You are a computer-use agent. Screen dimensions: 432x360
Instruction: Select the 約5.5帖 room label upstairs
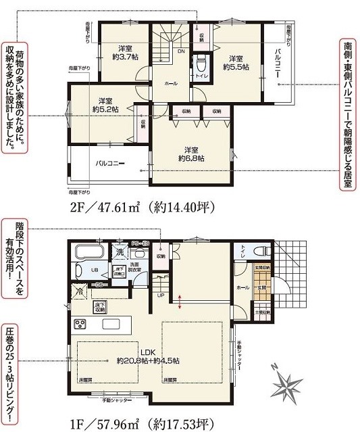click(x=236, y=63)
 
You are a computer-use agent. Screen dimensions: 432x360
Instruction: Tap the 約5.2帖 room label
click(x=105, y=104)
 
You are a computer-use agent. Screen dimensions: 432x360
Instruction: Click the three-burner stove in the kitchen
click(x=80, y=322)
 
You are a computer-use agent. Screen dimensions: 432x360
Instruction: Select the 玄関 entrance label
click(x=261, y=288)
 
